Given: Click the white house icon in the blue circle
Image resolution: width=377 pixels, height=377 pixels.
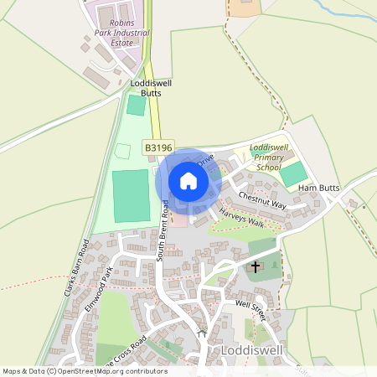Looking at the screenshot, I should click(x=188, y=181).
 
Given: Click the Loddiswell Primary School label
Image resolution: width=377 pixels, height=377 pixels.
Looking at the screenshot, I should click(x=269, y=158).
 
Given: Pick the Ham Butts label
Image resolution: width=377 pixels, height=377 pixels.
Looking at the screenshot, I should click(x=318, y=188).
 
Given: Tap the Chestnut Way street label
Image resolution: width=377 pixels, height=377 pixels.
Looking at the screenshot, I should click(x=262, y=200).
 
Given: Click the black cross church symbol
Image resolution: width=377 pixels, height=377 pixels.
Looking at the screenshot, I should click(x=255, y=268).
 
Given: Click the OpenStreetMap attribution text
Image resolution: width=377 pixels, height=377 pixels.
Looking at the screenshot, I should click(x=84, y=371).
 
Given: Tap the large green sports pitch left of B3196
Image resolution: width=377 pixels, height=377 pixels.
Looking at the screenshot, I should click(x=129, y=195).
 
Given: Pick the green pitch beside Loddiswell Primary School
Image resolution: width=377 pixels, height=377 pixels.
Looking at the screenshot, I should click(x=292, y=174).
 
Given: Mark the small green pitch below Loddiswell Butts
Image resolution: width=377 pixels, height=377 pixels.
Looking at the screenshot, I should click(x=135, y=106).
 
